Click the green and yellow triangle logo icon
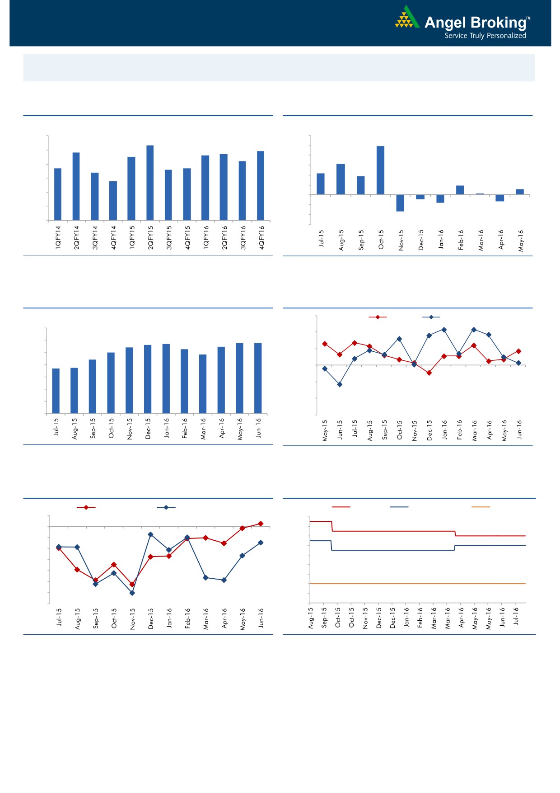406,18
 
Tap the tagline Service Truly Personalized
485,36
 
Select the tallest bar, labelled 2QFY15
150,183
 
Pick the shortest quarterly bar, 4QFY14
113,201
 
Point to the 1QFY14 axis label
58,237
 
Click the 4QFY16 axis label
261,237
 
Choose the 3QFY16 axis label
243,237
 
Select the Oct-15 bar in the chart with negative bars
381,170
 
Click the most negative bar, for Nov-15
400,203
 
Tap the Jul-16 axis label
516,616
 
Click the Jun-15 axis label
340,430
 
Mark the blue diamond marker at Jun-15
340,384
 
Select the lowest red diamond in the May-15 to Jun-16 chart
429,373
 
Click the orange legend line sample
481,507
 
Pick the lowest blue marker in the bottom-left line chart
132,593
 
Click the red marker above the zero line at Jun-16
261,524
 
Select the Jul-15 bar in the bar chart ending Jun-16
56,391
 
